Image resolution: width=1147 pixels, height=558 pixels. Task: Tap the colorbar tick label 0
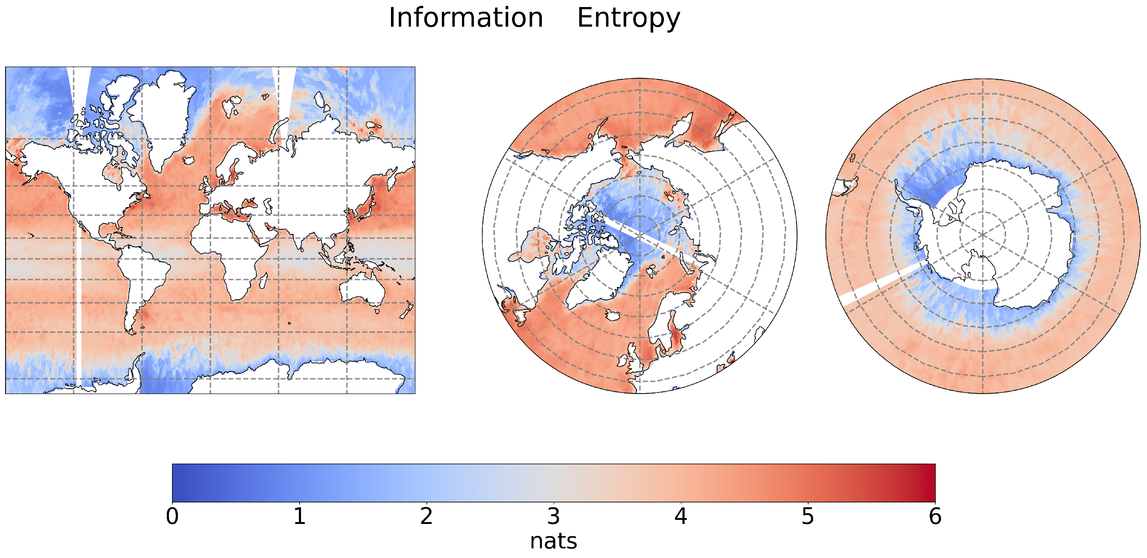coord(172,517)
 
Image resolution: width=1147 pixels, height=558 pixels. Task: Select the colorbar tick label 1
coord(299,517)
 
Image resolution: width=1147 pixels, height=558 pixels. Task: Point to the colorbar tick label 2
coord(426,517)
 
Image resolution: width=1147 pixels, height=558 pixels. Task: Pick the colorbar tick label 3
coord(553,517)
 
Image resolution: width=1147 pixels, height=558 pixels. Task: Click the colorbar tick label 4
coord(680,517)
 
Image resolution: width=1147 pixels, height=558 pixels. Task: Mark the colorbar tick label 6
coord(935,517)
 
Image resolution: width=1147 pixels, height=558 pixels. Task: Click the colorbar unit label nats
coord(553,541)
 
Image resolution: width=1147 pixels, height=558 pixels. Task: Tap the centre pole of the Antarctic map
coord(983,235)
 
